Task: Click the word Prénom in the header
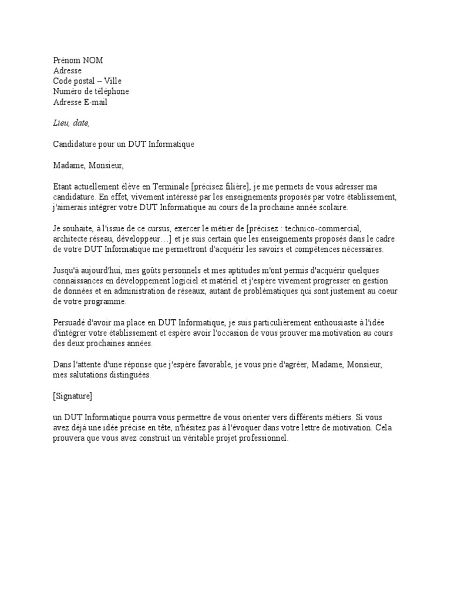[67, 60]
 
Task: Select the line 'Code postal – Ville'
[87, 81]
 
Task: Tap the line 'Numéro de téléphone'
[91, 92]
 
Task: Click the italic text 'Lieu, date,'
[72, 123]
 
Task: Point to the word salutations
[88, 375]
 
